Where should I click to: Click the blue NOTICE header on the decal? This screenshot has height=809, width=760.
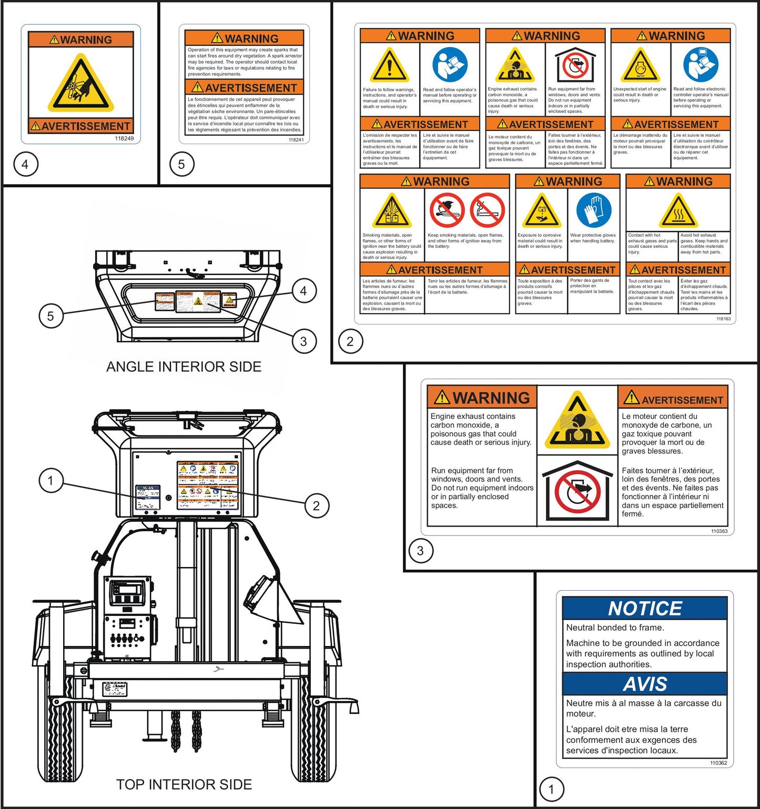(x=644, y=609)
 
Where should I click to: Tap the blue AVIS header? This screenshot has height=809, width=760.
(x=644, y=684)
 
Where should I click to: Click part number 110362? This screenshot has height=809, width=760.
(x=718, y=763)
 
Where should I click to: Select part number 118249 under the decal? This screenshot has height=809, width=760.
(x=124, y=138)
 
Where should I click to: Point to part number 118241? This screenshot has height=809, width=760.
(x=296, y=139)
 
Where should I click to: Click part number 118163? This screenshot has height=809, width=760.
(x=723, y=319)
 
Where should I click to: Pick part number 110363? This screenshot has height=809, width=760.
(x=719, y=531)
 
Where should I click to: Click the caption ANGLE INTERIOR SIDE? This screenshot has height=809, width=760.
(x=184, y=367)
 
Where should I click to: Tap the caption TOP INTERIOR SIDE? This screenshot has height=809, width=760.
(x=184, y=784)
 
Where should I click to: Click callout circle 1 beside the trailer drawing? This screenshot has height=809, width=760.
(x=50, y=480)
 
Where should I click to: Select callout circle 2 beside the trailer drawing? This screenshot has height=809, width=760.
(x=316, y=505)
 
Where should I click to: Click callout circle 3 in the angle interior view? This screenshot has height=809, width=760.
(x=303, y=341)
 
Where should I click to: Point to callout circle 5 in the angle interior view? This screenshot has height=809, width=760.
(x=50, y=316)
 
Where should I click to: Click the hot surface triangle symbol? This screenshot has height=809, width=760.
(x=678, y=211)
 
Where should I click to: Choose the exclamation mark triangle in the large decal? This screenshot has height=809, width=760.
(x=390, y=66)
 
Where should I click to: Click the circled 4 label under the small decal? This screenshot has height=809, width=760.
(x=25, y=164)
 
